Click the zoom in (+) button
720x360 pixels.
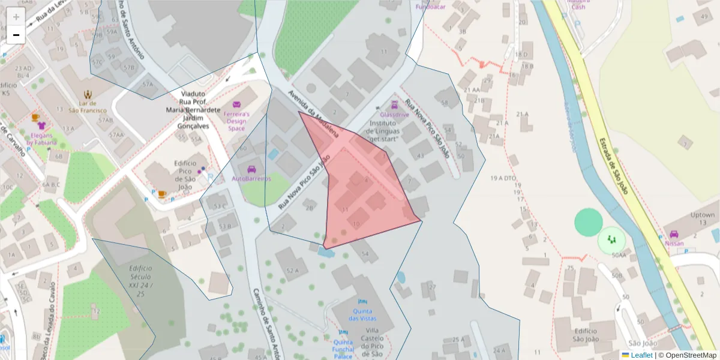pyautogui.click(x=16, y=17)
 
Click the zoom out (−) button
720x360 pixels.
pyautogui.click(x=16, y=35)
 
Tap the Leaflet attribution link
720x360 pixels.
pyautogui.click(x=641, y=355)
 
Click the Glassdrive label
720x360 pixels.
pyautogui.click(x=394, y=114)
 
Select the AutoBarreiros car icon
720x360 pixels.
pyautogui.click(x=251, y=169)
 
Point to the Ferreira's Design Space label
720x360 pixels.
pyautogui.click(x=236, y=121)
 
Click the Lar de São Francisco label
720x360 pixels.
pyautogui.click(x=88, y=107)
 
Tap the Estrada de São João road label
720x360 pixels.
pyautogui.click(x=613, y=166)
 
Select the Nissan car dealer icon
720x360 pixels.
pyautogui.click(x=674, y=235)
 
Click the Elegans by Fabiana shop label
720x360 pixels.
pyautogui.click(x=42, y=139)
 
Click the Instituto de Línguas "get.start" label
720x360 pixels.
pyautogui.click(x=392, y=131)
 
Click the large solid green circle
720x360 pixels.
pyautogui.click(x=588, y=222)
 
